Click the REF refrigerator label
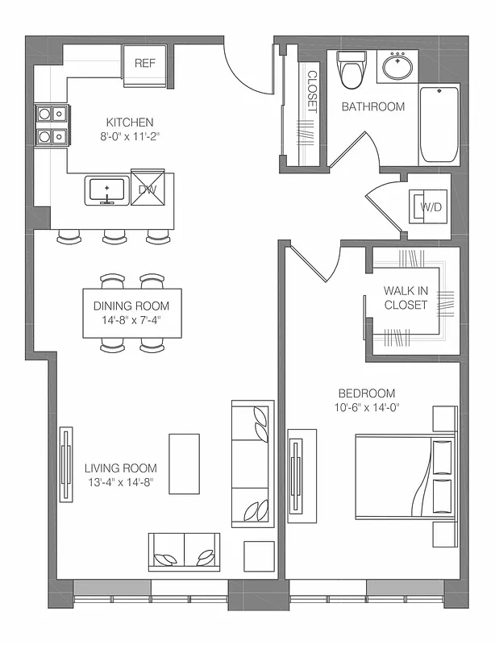coord(145,63)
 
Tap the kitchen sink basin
coord(106,191)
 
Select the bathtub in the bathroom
coord(439,124)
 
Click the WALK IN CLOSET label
coord(406,298)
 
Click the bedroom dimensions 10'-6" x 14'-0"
coord(368,407)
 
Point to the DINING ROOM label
coord(131,306)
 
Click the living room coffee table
coord(184,464)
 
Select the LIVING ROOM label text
coord(121,468)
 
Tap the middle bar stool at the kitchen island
coord(114,237)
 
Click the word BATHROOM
coord(372,106)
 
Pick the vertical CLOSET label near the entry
coord(312,91)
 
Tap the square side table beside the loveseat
coord(260,556)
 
